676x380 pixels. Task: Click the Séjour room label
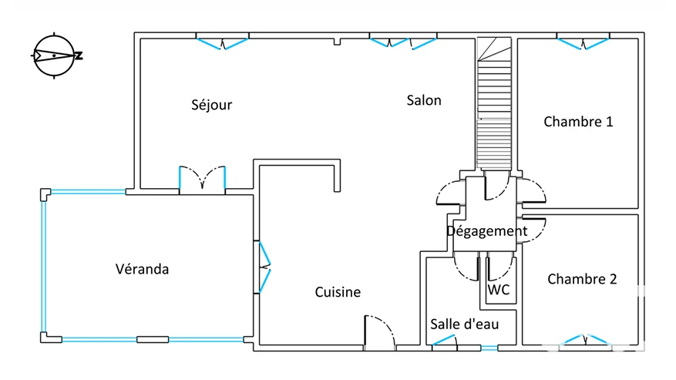[212, 105]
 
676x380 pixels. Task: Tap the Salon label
[424, 100]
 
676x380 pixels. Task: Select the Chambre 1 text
[578, 122]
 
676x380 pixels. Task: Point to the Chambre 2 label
[582, 279]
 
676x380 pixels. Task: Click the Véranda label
[143, 269]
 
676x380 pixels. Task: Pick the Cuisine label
[338, 292]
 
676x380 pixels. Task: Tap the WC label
[499, 290]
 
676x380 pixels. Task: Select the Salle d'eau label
[464, 324]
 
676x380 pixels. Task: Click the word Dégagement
[486, 231]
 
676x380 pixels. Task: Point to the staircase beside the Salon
[494, 103]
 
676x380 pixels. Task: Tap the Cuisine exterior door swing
[380, 332]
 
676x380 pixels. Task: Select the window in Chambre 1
[583, 44]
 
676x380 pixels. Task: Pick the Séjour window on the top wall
[223, 44]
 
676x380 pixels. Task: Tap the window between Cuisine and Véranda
[264, 267]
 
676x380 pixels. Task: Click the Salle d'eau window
[445, 341]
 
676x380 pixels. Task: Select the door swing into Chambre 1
[532, 190]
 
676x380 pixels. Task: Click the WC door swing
[500, 269]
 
